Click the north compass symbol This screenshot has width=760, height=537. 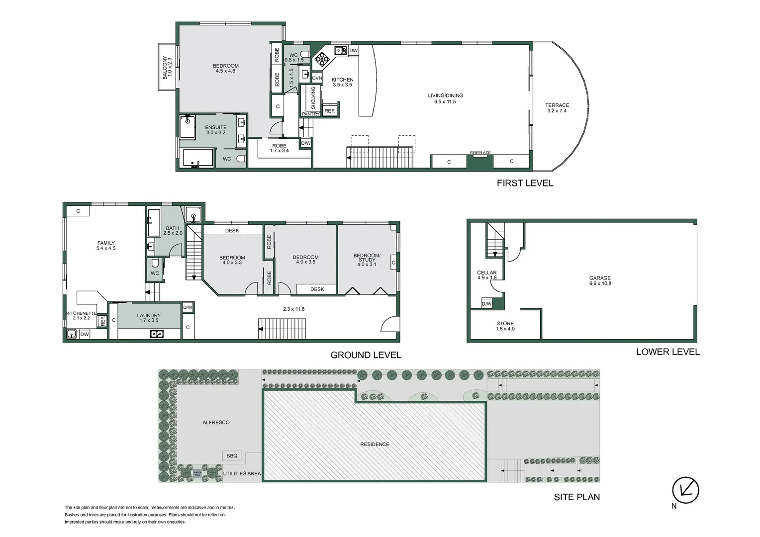[x=685, y=490]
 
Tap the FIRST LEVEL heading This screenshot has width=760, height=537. [x=525, y=183]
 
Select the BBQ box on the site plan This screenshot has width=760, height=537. [x=232, y=455]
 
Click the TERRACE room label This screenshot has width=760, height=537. [x=557, y=105]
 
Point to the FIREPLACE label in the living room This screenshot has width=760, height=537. [x=480, y=153]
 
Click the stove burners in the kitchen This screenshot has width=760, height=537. [x=322, y=59]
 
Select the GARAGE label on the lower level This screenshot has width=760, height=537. [x=600, y=278]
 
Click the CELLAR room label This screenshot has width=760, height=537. [x=486, y=272]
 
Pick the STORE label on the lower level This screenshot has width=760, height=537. [x=505, y=323]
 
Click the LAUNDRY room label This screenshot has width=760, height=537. [x=149, y=315]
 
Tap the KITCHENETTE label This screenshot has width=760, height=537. [x=81, y=313]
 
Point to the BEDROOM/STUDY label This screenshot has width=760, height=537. [x=367, y=258]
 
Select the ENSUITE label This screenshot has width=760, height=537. [x=216, y=127]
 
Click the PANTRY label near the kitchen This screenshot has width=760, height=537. [x=311, y=114]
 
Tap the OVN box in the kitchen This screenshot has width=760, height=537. [x=317, y=78]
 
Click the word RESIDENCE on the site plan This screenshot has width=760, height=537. [x=375, y=444]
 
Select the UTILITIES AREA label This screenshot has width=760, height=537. [x=242, y=473]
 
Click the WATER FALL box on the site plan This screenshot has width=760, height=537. [x=197, y=473]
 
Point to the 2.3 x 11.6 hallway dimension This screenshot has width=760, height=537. [x=293, y=309]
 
